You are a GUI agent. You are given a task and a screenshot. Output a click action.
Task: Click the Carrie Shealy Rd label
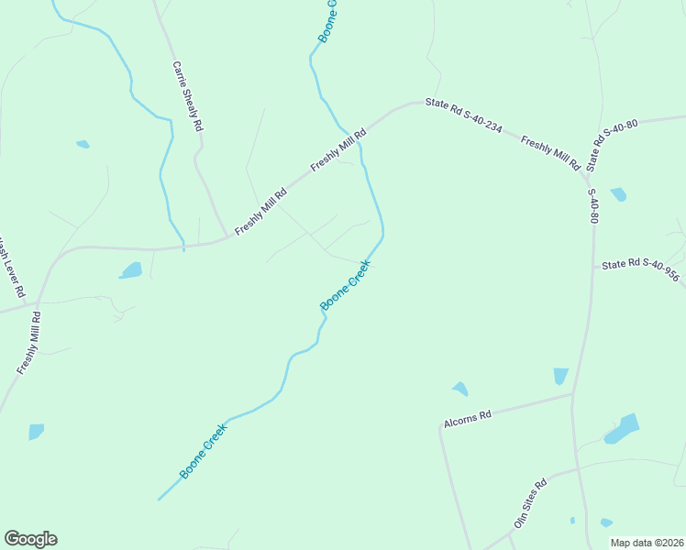click(x=187, y=97)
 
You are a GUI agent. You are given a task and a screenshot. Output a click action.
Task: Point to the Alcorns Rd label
click(x=468, y=415)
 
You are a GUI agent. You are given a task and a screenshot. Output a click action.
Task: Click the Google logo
click(x=30, y=539)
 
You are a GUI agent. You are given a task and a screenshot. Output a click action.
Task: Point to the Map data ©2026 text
click(x=646, y=543)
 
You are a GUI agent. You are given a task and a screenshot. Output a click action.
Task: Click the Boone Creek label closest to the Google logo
click(x=204, y=450)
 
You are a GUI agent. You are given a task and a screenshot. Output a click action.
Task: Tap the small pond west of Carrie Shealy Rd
click(x=83, y=144)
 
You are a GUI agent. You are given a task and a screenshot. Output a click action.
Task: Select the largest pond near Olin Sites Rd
click(x=624, y=428)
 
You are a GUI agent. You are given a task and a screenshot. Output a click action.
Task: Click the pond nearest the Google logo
click(x=36, y=431)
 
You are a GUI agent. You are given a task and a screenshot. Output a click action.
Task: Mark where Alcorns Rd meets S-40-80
click(x=574, y=395)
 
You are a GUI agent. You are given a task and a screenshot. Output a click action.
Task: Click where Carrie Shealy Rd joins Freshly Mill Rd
click(x=227, y=238)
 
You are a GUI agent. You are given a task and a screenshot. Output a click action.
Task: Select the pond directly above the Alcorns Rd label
click(x=459, y=389)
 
